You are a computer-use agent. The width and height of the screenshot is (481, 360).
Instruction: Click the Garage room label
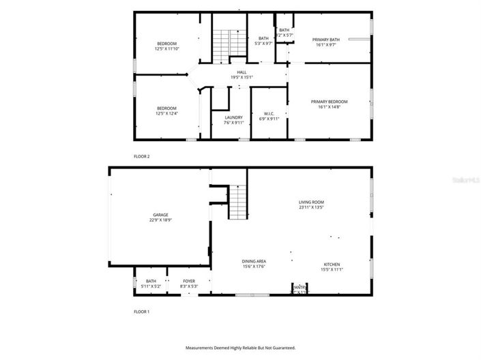(x=160, y=217)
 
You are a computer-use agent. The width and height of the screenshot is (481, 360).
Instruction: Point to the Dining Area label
(x=253, y=263)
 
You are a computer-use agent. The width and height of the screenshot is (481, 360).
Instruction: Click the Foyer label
(x=189, y=283)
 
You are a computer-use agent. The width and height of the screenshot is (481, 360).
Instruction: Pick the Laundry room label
(x=233, y=120)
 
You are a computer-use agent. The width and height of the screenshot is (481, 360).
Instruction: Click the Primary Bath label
(x=325, y=42)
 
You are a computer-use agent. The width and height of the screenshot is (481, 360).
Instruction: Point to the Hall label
(x=242, y=74)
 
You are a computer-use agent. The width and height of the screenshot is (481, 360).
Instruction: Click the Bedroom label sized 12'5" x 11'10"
(x=166, y=46)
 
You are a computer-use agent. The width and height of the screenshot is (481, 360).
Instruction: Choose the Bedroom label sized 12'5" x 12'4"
(x=166, y=110)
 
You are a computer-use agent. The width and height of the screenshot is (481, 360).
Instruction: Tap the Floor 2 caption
(x=141, y=156)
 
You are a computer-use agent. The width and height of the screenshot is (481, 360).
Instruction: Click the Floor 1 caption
(x=141, y=312)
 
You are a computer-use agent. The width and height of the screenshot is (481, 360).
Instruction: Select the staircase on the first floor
(x=237, y=202)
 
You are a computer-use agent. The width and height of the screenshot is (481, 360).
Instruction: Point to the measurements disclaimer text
(x=240, y=348)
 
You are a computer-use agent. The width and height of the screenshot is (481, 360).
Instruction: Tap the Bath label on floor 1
(x=151, y=283)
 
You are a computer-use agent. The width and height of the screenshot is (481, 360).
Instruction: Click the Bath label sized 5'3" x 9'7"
(x=263, y=41)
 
